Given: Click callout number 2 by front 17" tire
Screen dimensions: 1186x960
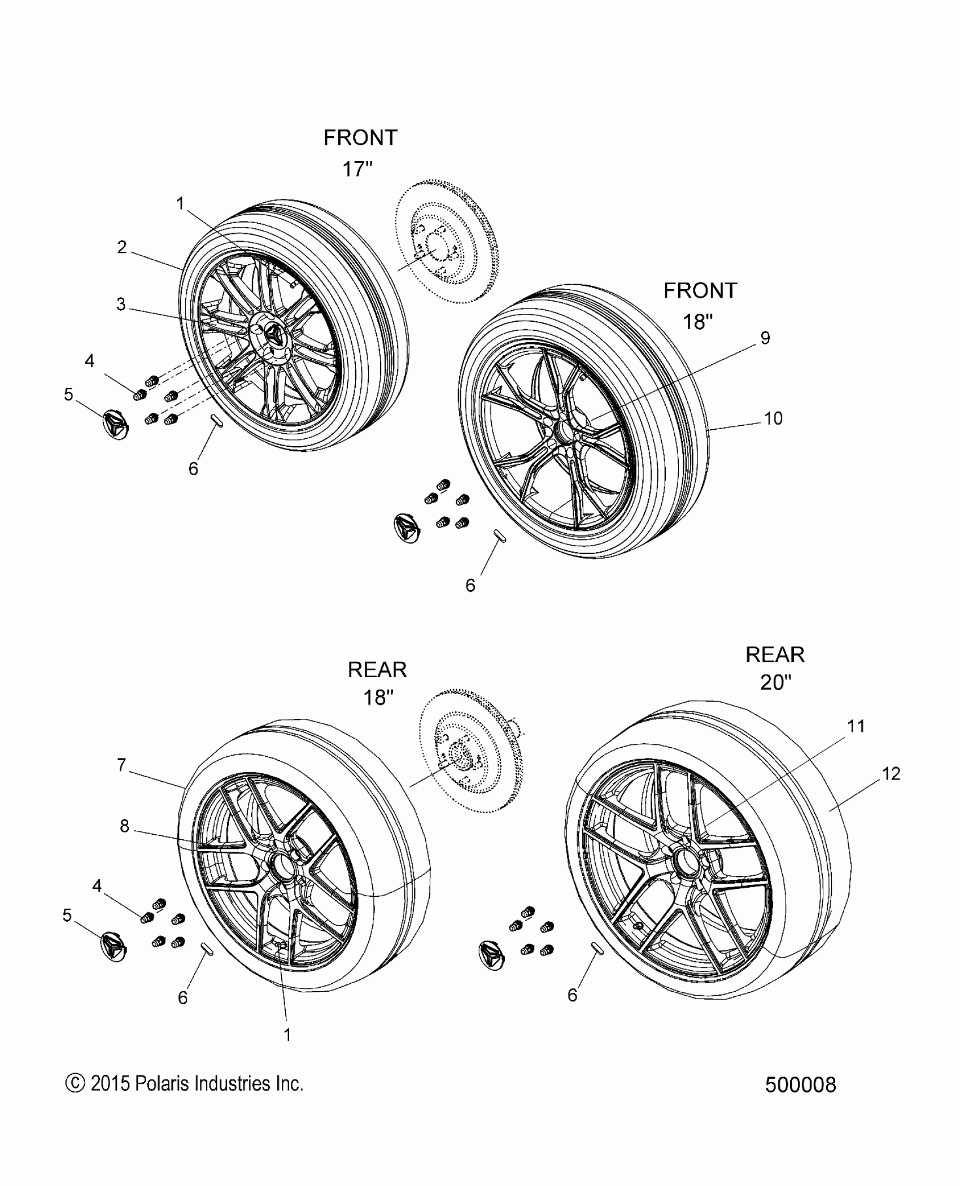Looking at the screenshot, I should coord(122,247).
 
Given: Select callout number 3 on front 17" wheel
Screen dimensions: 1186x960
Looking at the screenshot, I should coord(121,304).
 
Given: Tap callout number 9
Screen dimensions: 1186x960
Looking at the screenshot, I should coord(765,338).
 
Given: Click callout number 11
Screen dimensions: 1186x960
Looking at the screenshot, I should coord(856,726).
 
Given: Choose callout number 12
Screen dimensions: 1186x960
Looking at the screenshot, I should coord(891,773).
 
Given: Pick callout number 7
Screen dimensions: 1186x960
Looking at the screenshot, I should coord(121,765).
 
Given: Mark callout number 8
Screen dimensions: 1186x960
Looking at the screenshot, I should coord(125,826).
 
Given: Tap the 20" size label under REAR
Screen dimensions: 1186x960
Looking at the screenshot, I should coord(775,683).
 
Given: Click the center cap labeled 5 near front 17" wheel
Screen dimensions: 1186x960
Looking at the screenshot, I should coord(116,425).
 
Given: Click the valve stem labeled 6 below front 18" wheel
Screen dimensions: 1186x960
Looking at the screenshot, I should coord(500,536).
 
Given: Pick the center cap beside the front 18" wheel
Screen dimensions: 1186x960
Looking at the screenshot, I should coord(407,529).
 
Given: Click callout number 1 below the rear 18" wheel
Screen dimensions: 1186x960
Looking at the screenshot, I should coord(287,1035).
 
